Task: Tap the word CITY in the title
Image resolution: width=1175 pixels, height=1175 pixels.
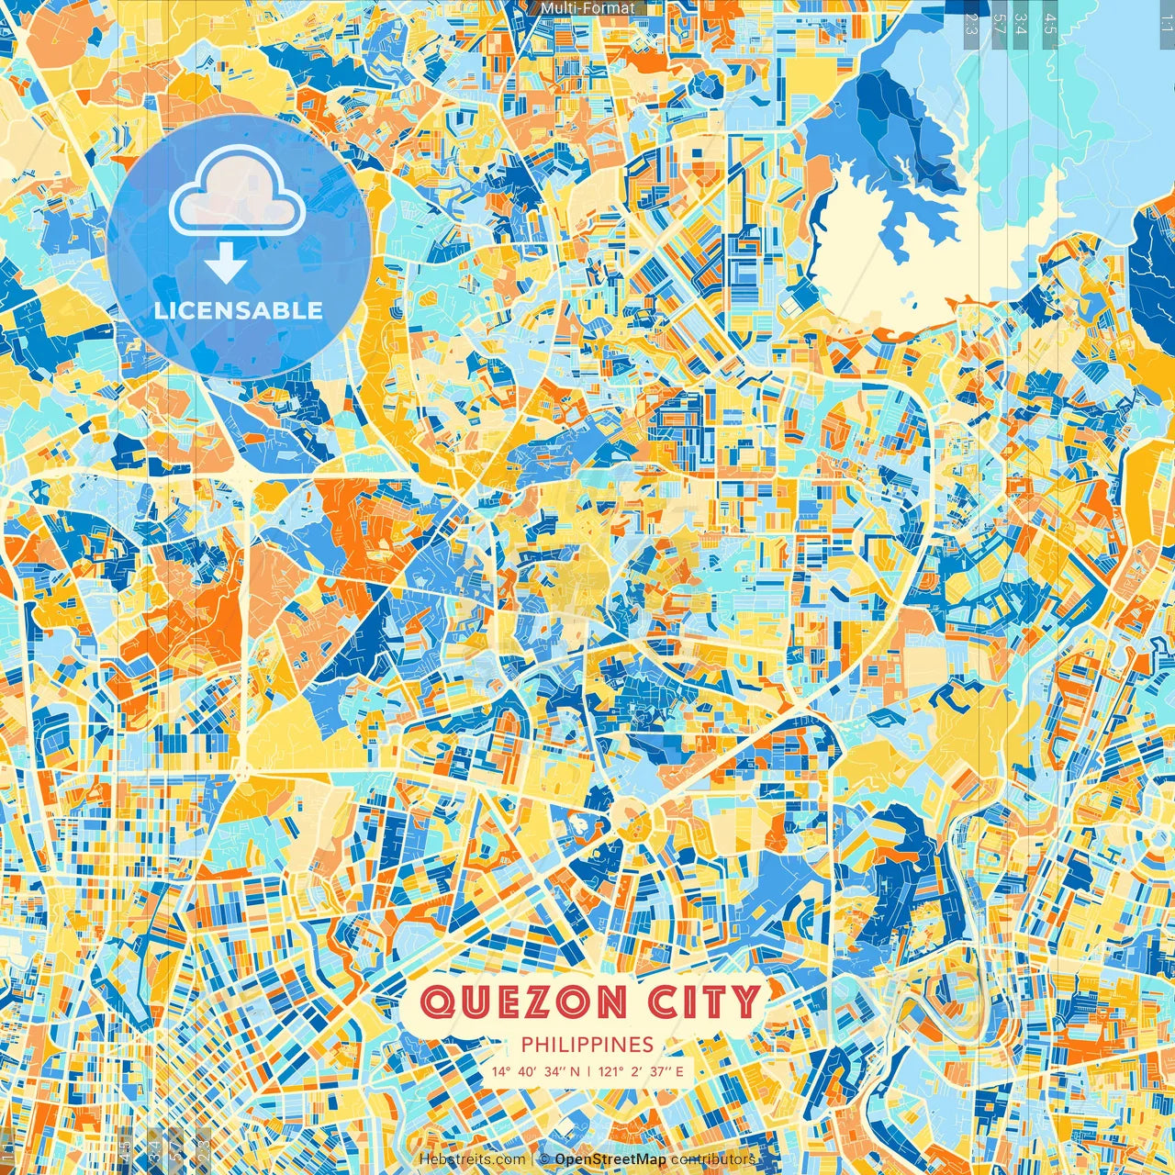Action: pyautogui.click(x=705, y=1002)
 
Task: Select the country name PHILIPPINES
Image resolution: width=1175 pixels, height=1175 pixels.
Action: pyautogui.click(x=587, y=1045)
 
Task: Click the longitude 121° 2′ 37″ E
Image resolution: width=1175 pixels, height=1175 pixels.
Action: pyautogui.click(x=642, y=1071)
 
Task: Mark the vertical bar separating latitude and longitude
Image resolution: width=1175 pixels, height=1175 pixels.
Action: pyautogui.click(x=588, y=1071)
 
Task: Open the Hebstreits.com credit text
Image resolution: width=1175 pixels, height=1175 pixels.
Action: pyautogui.click(x=472, y=1159)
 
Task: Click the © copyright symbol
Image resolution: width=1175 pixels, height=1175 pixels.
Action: pyautogui.click(x=544, y=1159)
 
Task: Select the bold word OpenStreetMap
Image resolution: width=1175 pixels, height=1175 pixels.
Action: pyautogui.click(x=610, y=1159)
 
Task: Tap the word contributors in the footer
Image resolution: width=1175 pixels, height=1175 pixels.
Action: pyautogui.click(x=713, y=1159)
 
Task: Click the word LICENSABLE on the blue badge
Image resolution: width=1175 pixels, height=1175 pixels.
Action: pyautogui.click(x=239, y=310)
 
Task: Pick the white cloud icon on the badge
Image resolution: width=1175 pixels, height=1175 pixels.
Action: pyautogui.click(x=237, y=194)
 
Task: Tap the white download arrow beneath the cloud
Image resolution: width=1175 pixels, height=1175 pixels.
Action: pyautogui.click(x=225, y=265)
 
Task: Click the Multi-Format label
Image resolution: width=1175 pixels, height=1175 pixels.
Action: pyautogui.click(x=587, y=8)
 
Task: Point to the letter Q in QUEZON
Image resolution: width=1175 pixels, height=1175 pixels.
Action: pyautogui.click(x=436, y=1002)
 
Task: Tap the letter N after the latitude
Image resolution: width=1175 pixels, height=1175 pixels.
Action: pyautogui.click(x=576, y=1071)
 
